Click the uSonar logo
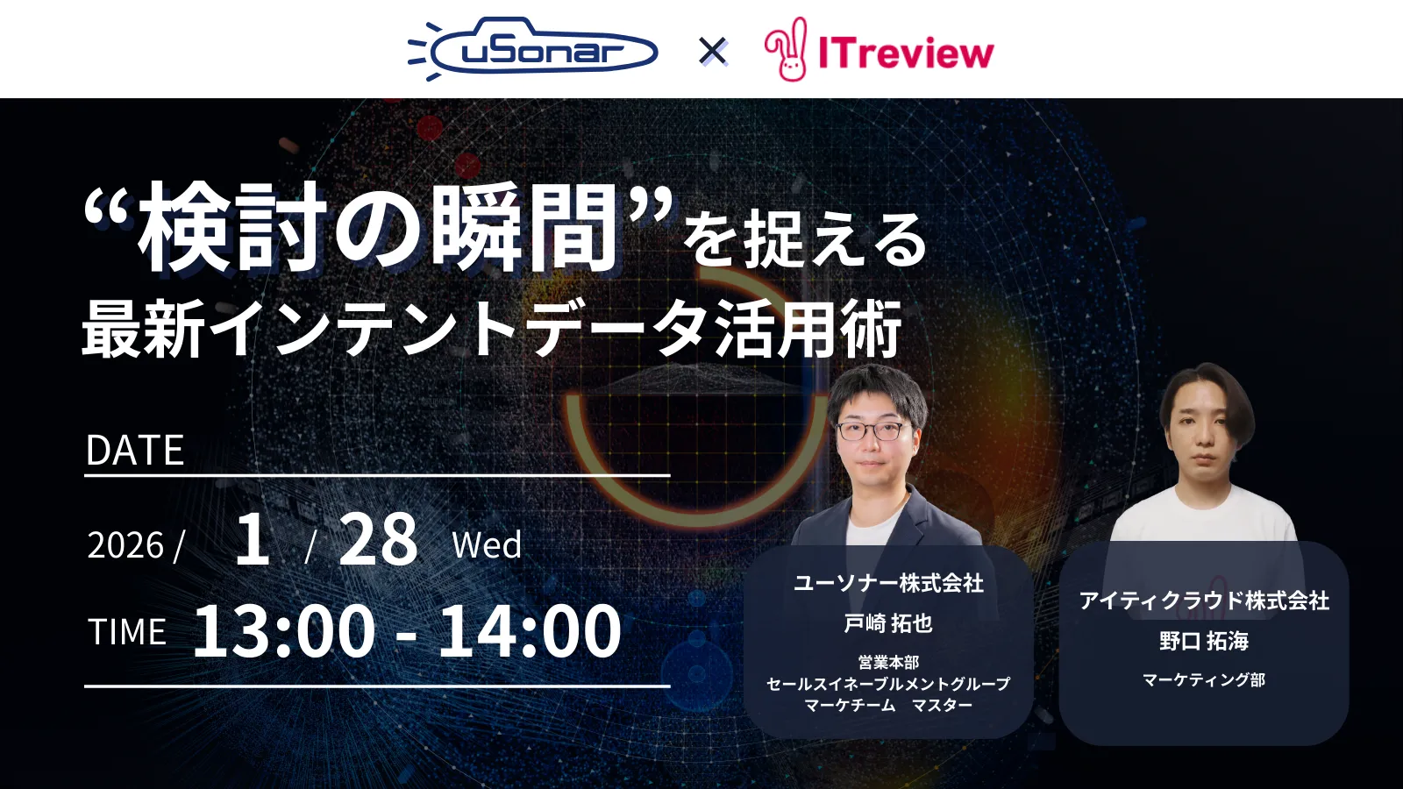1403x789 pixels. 533,51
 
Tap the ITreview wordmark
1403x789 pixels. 906,53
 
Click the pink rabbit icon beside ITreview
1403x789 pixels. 787,50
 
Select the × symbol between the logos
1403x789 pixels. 713,52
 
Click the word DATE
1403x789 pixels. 135,451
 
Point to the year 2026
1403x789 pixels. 125,545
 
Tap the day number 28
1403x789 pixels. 378,539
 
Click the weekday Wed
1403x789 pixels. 487,545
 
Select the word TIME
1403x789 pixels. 127,632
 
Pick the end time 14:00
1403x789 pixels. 530,630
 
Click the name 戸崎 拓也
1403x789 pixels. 887,623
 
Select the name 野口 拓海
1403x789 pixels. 1204,641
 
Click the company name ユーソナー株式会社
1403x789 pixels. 887,583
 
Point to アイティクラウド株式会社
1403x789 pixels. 1204,601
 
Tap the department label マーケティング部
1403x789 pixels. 1204,679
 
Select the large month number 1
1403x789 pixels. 253,539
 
